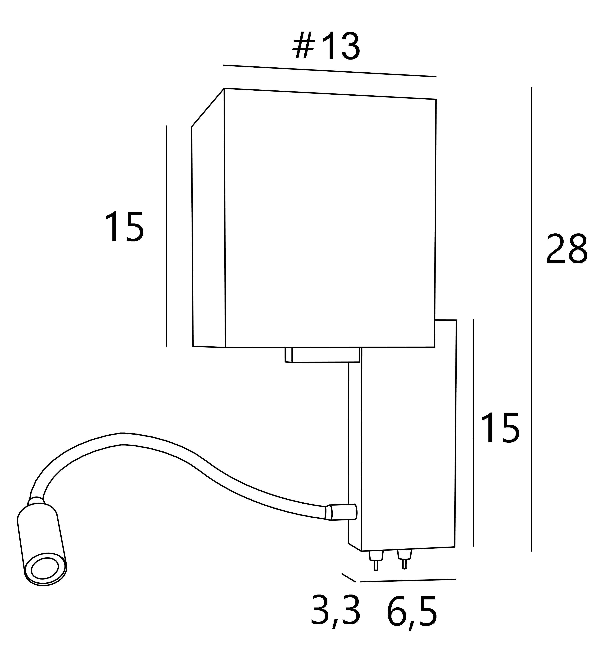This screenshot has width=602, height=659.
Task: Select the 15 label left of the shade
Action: point(124,227)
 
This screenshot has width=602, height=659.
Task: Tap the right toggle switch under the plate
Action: point(405,560)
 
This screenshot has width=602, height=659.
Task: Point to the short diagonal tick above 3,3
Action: point(348,578)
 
